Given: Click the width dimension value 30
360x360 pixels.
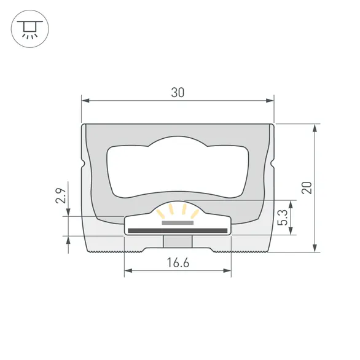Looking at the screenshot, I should pyautogui.click(x=178, y=93).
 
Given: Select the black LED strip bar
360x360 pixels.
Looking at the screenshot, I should pyautogui.click(x=178, y=230).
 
